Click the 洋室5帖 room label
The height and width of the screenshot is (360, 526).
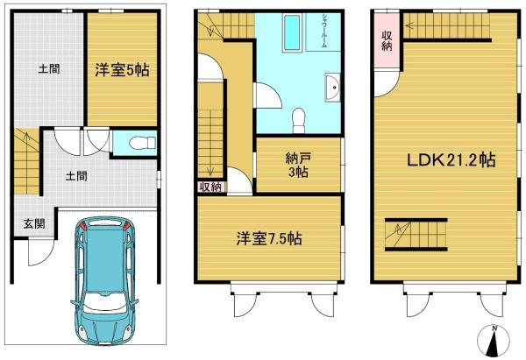click(x=122, y=70)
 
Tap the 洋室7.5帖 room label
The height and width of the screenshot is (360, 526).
click(x=269, y=238)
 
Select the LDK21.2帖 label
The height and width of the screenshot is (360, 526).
click(x=451, y=160)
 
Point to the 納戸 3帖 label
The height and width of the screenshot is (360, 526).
click(x=298, y=165)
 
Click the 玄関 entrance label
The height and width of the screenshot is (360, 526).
click(x=34, y=223)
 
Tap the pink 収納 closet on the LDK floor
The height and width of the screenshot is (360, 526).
click(x=387, y=40)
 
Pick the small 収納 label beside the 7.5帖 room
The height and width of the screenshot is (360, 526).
click(x=210, y=187)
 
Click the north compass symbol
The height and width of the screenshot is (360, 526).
click(x=493, y=340)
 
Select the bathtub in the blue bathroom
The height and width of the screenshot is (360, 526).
click(x=293, y=32)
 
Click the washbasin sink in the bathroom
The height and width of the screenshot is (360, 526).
click(x=333, y=87)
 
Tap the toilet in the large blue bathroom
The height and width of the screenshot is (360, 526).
click(x=298, y=120)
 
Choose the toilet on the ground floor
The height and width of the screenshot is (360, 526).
click(x=143, y=144)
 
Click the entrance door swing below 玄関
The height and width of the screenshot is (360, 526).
click(x=41, y=251)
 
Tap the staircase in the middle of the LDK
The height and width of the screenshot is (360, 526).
click(x=416, y=235)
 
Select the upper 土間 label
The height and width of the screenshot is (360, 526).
click(x=49, y=69)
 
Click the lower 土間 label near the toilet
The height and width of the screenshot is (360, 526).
click(x=76, y=176)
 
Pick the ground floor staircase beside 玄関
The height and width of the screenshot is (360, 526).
click(x=27, y=161)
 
